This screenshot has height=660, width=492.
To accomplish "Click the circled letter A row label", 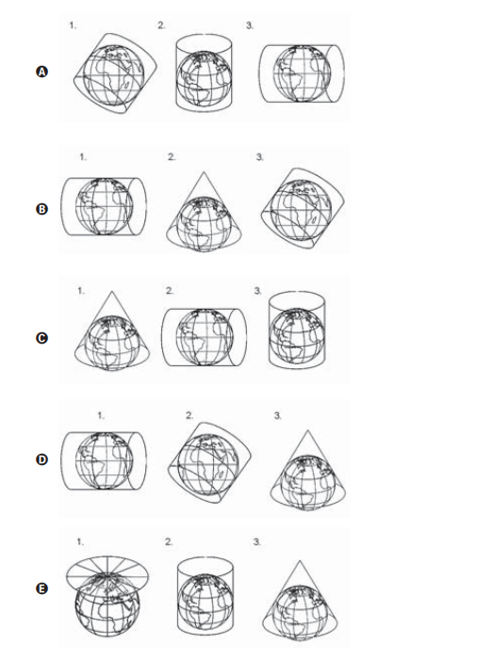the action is click(41, 72).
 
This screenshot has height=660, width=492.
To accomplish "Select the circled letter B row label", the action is click(41, 209).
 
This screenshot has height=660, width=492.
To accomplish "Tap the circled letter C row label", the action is click(41, 338).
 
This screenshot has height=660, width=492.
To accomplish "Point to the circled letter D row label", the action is click(41, 459).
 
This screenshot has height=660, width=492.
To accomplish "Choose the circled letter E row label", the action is click(41, 588).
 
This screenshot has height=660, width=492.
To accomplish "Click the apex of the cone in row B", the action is click(204, 171).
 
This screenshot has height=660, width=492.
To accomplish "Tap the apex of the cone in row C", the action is click(111, 291).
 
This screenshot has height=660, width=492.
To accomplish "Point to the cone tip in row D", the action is click(307, 430).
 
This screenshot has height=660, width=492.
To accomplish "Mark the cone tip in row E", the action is click(300, 561).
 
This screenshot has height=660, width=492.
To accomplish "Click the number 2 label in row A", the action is click(161, 25).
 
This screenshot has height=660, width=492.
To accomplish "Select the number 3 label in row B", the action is click(260, 157).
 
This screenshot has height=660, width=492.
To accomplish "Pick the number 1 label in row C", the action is click(81, 291).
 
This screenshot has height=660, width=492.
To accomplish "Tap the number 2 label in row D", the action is click(189, 416).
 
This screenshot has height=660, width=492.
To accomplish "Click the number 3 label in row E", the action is click(256, 542).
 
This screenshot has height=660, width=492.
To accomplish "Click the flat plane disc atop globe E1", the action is click(107, 572).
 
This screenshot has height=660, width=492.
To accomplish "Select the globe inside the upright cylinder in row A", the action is click(204, 79).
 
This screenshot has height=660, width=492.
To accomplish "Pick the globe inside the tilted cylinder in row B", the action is click(301, 210).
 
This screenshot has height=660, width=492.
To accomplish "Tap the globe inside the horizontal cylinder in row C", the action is click(205, 337).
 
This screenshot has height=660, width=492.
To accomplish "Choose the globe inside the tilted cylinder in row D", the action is click(208, 464).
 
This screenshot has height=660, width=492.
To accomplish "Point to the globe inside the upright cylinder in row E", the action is click(205, 602).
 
